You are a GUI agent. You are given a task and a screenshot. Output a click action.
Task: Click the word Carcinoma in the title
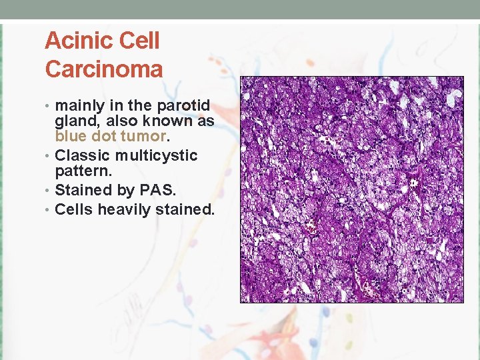coord(103,69)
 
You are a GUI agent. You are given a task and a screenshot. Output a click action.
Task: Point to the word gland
coord(75,121)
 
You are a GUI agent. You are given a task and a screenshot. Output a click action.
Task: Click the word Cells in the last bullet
coord(74,209)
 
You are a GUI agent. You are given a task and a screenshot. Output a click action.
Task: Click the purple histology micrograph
coord(352,189)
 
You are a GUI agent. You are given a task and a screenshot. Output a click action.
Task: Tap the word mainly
coord(77,106)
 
